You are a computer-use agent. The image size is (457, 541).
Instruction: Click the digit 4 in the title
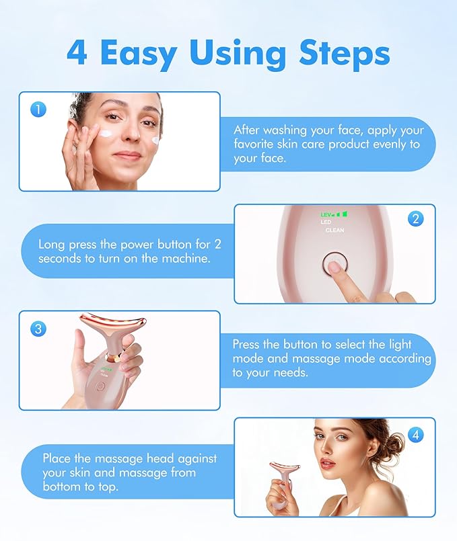[x=77, y=52]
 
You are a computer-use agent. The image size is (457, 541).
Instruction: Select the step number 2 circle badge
[x=416, y=219]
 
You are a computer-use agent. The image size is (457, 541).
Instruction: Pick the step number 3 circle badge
[x=38, y=329]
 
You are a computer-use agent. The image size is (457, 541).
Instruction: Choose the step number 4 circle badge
[x=416, y=435]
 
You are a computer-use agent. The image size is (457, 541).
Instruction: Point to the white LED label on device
[x=326, y=222]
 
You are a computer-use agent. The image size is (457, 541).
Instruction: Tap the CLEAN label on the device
[x=335, y=231]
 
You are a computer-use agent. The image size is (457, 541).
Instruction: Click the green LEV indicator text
[x=326, y=214]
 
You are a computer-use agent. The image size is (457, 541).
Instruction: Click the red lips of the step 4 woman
[x=328, y=464]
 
